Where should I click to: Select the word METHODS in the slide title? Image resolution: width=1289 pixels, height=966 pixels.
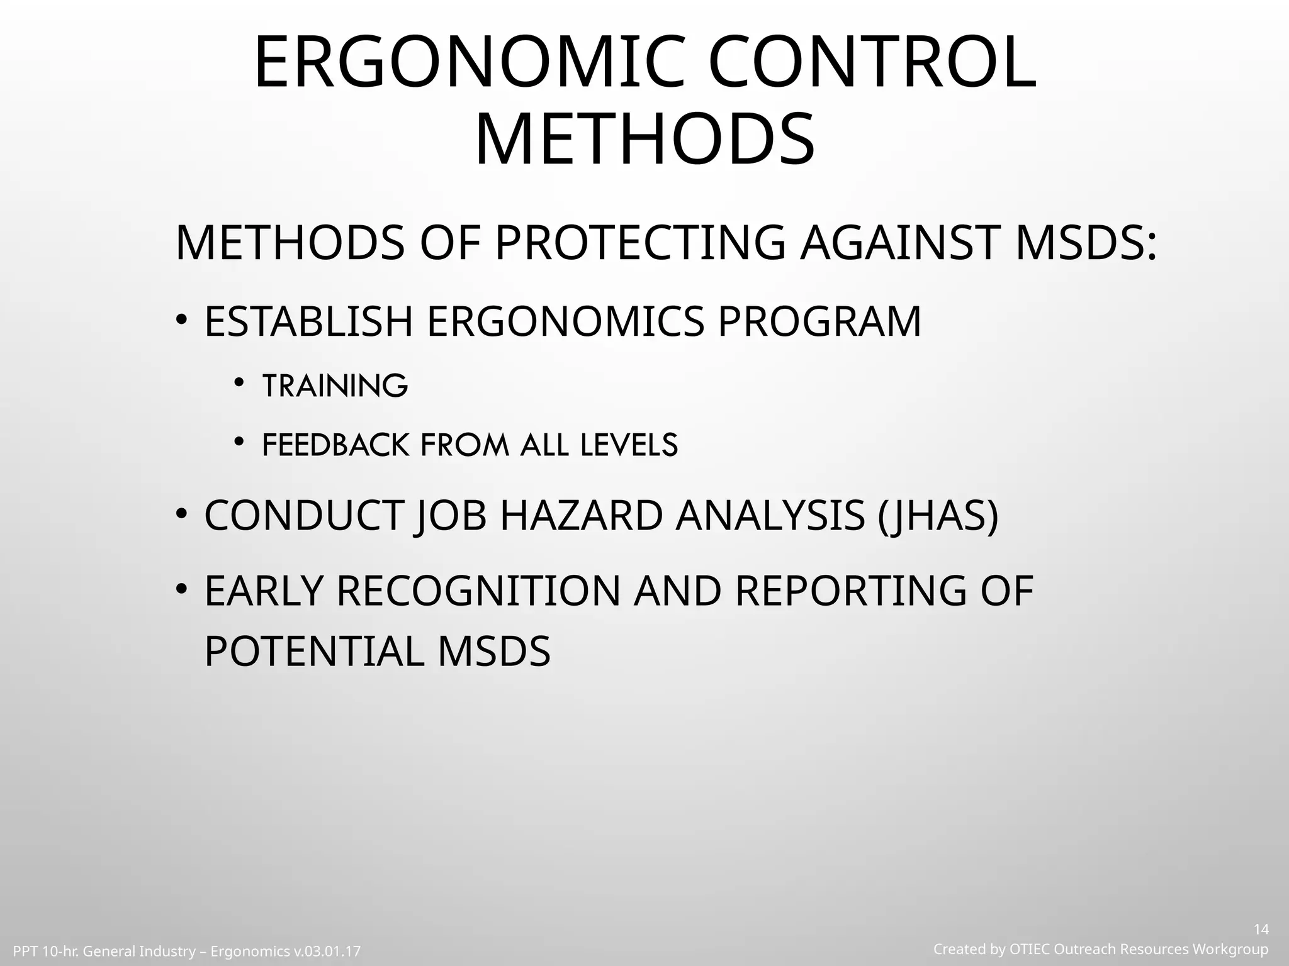(644, 140)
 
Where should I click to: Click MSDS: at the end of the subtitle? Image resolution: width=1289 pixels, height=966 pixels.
(1086, 243)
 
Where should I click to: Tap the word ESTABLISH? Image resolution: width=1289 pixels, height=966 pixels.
(308, 321)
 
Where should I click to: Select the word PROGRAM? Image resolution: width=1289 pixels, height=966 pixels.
(819, 321)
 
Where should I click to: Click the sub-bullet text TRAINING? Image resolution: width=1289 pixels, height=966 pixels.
(335, 386)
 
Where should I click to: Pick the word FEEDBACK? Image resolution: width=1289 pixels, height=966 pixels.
(335, 445)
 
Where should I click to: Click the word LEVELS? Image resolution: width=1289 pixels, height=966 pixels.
(629, 445)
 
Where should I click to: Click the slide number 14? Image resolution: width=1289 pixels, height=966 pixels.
(1261, 930)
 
